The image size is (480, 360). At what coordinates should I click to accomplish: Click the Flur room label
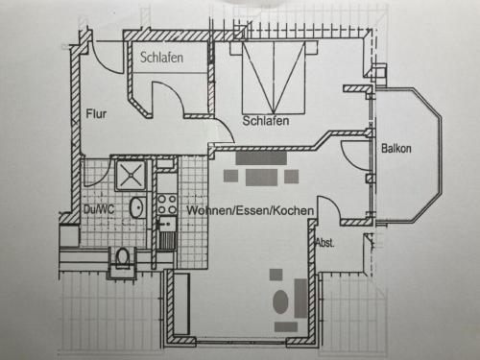pos(96,114)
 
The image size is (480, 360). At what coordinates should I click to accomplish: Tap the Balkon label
pos(396,149)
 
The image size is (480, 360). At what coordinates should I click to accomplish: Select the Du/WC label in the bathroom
pos(99,209)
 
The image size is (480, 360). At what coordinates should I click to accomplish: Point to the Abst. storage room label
pos(325,243)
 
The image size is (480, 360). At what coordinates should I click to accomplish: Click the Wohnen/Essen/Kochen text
pos(251,210)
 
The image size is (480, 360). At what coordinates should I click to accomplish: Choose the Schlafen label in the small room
pos(161,58)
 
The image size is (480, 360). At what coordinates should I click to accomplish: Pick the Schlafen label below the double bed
pos(266,121)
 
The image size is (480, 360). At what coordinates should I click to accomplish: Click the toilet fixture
pos(122,257)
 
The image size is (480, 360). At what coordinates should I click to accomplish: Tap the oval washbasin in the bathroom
pos(138,207)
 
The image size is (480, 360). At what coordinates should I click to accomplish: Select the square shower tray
pos(132,175)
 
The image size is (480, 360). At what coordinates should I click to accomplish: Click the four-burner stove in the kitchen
pos(167,204)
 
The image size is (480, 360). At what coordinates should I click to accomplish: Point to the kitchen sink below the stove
pos(167,232)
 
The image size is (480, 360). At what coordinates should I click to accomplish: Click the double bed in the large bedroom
pos(274,77)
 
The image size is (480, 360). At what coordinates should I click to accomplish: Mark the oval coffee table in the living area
pos(280,301)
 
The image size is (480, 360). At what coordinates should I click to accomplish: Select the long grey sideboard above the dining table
pos(261,158)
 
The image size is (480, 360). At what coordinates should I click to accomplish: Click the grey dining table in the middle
pos(261,178)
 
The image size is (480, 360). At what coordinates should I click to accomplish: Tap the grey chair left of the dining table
pos(230,176)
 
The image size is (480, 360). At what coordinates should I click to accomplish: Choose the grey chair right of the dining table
pos(292,177)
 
